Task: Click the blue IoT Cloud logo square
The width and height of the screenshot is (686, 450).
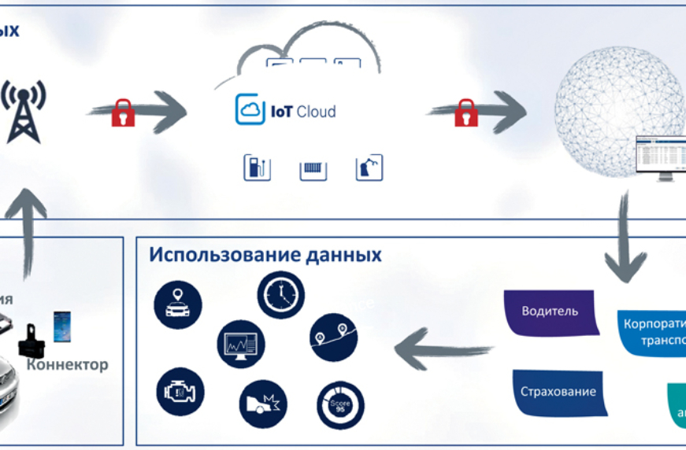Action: point(250,110)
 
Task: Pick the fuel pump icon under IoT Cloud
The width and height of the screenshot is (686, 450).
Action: point(257,168)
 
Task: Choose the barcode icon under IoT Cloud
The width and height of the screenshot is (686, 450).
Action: point(313,168)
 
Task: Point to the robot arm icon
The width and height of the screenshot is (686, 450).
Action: point(369,168)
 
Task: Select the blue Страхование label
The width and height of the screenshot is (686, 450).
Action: point(559,392)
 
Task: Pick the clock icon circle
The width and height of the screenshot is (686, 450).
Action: point(280,294)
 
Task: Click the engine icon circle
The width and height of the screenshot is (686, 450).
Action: point(180,391)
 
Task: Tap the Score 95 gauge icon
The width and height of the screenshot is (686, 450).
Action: point(339,405)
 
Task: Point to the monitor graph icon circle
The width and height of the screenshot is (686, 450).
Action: point(240,344)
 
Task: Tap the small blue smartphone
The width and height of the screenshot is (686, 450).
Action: point(61,326)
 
